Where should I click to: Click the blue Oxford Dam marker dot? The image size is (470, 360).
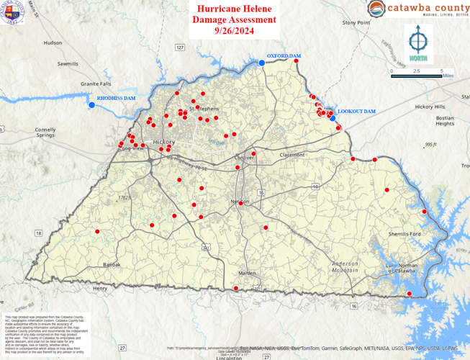pos(262,63)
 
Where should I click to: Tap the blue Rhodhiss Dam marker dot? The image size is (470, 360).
pos(92,105)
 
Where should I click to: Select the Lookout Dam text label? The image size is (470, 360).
pos(356,112)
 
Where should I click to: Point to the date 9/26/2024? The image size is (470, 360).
pos(234,31)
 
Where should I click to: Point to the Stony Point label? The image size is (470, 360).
pos(356,23)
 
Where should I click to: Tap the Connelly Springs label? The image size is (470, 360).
pos(45,132)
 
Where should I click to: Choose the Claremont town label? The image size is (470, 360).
pos(292,154)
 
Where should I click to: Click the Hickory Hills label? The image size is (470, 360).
pos(430,107)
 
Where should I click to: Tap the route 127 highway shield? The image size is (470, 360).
pos(181,47)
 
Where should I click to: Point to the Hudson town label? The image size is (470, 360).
pos(53,42)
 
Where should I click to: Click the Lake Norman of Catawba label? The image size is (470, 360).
pos(400,268)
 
